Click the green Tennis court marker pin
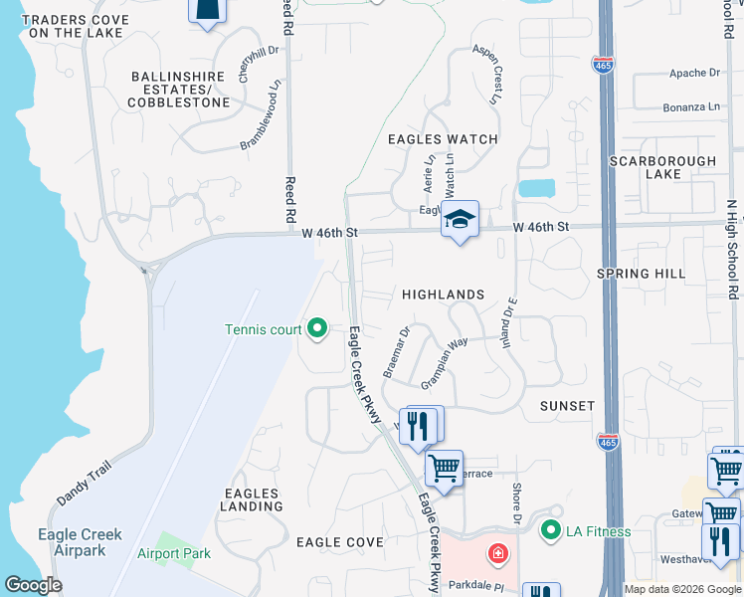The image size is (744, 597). [x=316, y=328]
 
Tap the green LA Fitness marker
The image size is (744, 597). [x=550, y=530]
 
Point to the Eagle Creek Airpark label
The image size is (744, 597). [x=80, y=542]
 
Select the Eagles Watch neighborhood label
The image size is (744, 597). [x=442, y=139]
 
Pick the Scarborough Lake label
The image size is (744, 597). [x=662, y=167]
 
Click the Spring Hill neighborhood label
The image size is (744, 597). [x=641, y=274]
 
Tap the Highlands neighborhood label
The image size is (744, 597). [x=443, y=295]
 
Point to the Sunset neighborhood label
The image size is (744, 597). [x=567, y=406]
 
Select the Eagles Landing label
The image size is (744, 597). [x=254, y=499]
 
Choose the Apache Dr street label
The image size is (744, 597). [x=694, y=73]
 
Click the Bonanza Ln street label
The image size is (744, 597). [x=693, y=106]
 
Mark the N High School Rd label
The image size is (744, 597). [x=732, y=249]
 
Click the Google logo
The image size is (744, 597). [x=33, y=585]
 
